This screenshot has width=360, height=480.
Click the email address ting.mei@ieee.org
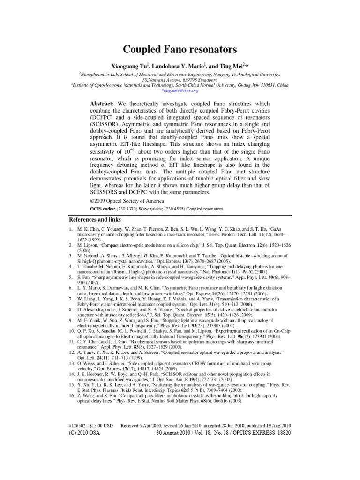point(180,90)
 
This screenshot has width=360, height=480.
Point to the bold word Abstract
point(103,103)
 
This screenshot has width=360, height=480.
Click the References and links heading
point(95,220)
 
